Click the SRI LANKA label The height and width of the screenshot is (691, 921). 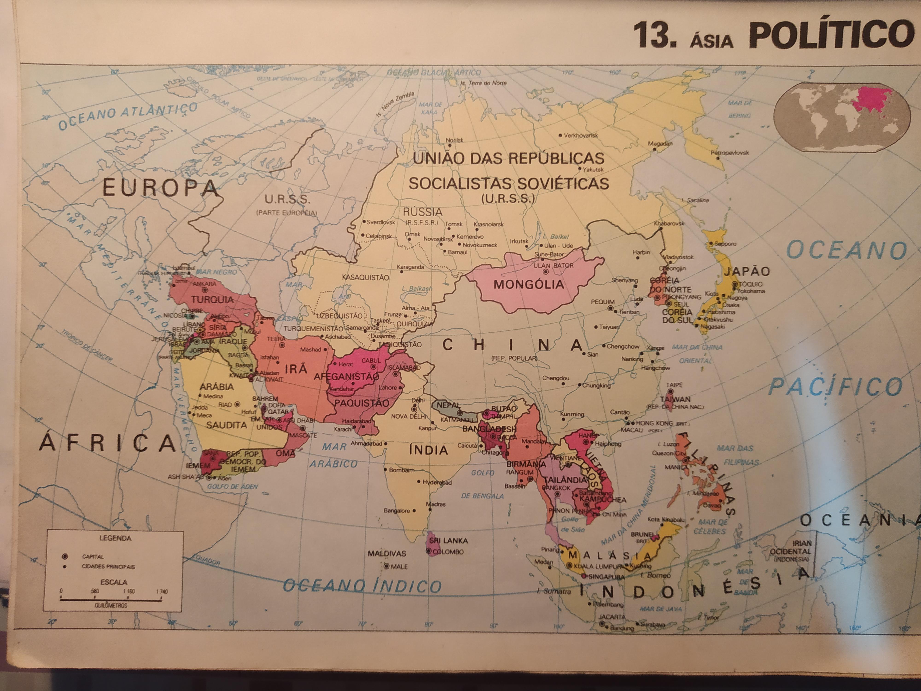[449, 541]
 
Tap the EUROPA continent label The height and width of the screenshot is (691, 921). [160, 188]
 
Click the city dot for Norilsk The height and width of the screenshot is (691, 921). [448, 146]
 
